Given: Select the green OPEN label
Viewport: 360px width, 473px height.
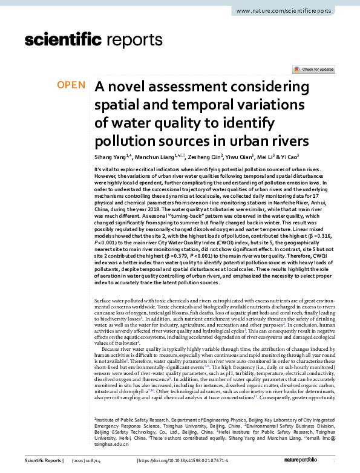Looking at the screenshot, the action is coord(71,85).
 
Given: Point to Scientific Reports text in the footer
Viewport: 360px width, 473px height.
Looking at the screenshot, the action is coord(42,461).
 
